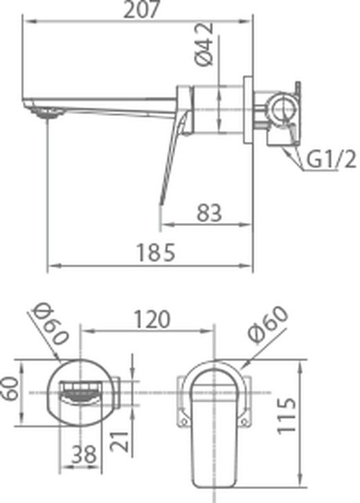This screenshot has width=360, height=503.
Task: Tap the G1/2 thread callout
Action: click(331, 161)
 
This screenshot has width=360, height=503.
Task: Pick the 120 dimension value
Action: click(151, 320)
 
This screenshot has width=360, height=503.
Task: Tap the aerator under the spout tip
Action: click(47, 116)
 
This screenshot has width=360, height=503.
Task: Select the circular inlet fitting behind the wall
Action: click(281, 108)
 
